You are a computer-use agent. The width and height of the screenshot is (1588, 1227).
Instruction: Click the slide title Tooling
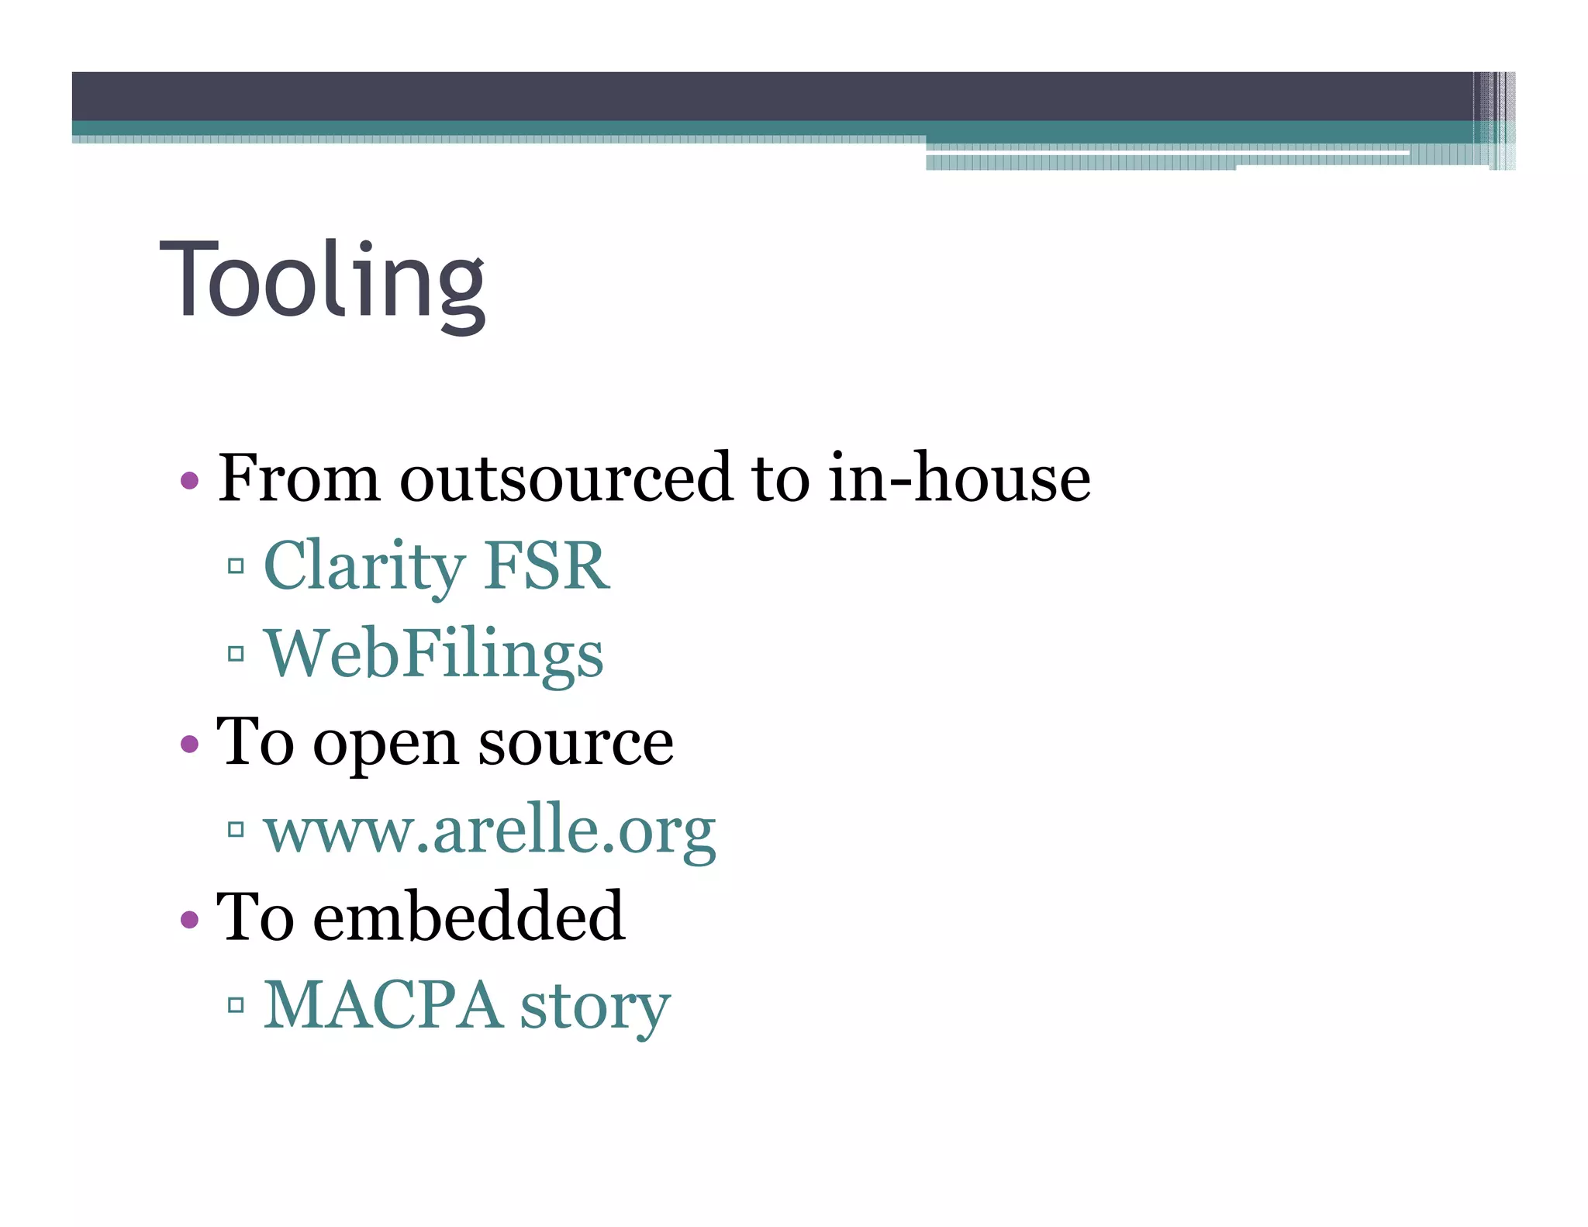322,281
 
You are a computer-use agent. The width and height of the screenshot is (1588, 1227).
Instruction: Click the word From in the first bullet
299,479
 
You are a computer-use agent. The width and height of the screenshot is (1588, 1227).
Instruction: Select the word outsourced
565,479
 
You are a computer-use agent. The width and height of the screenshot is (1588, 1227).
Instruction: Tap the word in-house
959,479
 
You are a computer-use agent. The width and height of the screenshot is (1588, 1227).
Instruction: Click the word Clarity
364,567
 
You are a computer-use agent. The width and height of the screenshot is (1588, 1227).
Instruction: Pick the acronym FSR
546,567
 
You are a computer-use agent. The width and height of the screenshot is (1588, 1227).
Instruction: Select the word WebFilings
434,655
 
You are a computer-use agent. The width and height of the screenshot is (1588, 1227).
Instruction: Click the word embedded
468,918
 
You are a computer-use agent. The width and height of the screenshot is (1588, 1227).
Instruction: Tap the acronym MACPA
382,1006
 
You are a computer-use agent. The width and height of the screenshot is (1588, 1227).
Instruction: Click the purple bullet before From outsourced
189,481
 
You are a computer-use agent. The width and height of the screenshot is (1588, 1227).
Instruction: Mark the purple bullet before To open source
189,745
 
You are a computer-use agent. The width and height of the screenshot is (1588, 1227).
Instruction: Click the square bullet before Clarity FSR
236,566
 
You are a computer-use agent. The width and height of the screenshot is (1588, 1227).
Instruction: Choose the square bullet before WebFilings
236,654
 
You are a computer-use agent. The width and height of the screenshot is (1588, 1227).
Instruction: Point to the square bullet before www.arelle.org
236,830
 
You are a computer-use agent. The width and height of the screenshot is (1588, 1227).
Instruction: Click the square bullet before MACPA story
236,1006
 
